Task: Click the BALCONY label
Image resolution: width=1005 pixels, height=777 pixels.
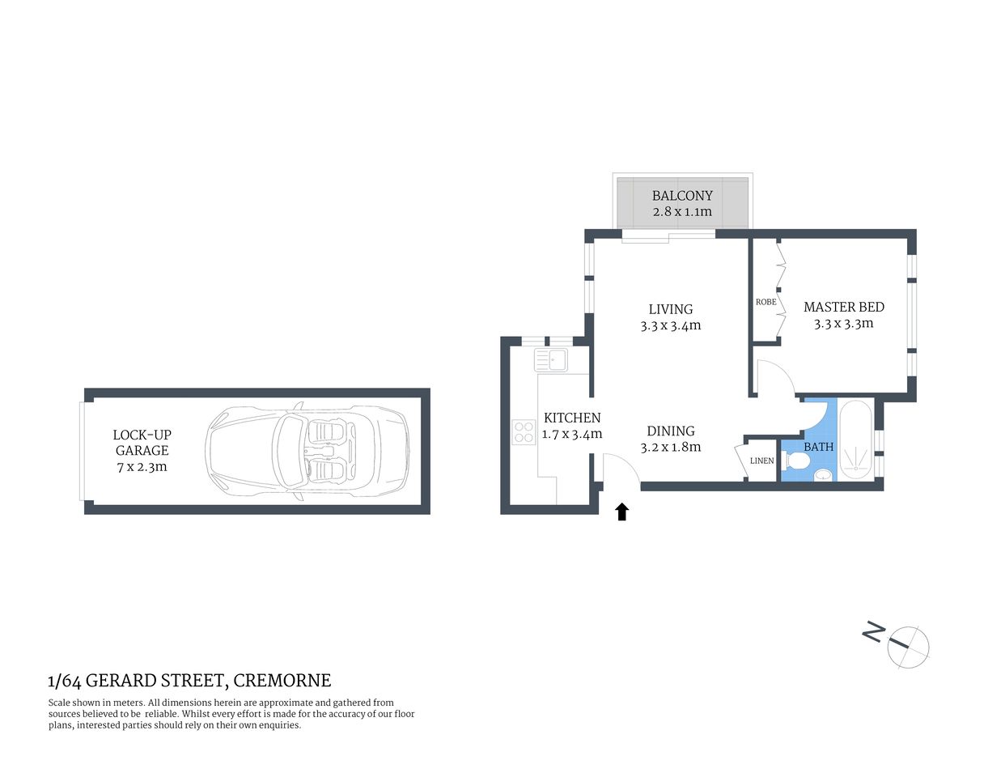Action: click(x=682, y=196)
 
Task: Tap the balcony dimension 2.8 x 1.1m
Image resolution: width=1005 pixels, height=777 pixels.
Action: click(x=682, y=212)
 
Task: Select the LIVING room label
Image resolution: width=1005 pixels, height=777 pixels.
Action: click(x=670, y=309)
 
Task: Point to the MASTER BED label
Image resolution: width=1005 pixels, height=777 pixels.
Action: click(x=843, y=307)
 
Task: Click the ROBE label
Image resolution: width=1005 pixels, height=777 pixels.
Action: click(x=765, y=302)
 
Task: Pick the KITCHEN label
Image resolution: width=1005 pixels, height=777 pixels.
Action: click(x=572, y=418)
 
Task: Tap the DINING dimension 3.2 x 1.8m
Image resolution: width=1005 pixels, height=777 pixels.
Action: click(x=670, y=447)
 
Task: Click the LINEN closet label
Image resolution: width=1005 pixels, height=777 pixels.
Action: click(x=761, y=461)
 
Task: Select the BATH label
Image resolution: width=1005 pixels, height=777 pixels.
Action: click(x=818, y=447)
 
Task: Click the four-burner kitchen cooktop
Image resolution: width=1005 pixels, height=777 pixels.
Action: click(x=524, y=432)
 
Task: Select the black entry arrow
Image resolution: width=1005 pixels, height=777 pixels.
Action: click(x=621, y=512)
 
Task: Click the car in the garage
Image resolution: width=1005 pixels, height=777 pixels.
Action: click(x=307, y=451)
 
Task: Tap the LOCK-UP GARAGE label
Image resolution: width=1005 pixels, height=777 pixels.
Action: click(x=142, y=443)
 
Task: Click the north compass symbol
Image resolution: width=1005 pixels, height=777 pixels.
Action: click(x=907, y=647)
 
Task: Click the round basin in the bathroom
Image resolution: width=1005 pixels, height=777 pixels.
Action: click(x=823, y=475)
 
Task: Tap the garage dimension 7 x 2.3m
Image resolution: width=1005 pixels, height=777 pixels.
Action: click(x=142, y=467)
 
